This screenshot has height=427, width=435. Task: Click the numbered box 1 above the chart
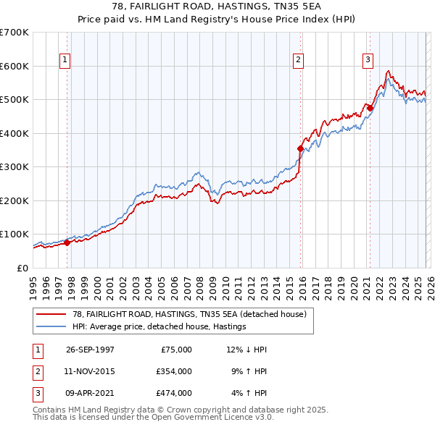point(65,61)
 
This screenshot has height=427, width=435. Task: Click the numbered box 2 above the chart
point(298,61)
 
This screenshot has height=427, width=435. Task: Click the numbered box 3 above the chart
point(368,61)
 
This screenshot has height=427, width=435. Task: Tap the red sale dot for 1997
point(67,242)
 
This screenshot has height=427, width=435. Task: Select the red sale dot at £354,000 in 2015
point(300,148)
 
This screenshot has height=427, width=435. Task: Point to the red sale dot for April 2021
point(369,109)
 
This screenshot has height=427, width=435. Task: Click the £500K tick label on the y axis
point(14,99)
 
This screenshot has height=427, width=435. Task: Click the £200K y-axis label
point(14,200)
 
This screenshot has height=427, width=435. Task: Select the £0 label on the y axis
point(23,268)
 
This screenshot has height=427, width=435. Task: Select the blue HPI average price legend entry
point(159,326)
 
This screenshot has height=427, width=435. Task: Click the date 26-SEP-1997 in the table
point(90,350)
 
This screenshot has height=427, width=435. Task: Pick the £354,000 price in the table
point(173,371)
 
